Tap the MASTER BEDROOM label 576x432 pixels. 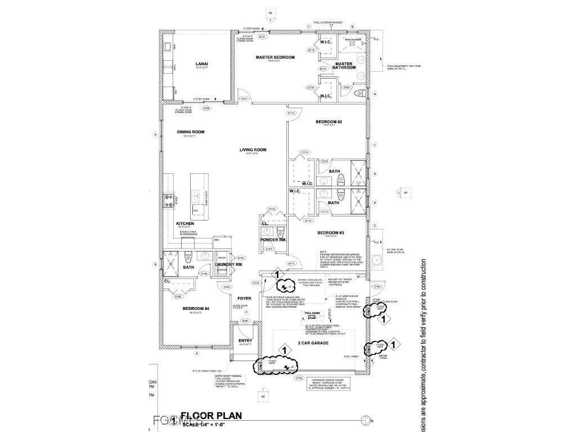(275, 57)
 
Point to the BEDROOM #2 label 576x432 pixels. (329, 122)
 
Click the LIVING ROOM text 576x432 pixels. (253, 150)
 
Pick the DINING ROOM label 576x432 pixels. (191, 132)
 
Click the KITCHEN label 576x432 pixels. (185, 223)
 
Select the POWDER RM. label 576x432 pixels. (273, 240)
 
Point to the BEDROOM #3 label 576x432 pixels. (330, 233)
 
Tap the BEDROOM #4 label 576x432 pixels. (196, 309)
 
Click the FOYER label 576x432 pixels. (244, 298)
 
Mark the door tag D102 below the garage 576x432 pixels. (300, 378)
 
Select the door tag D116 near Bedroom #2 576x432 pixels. (291, 113)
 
